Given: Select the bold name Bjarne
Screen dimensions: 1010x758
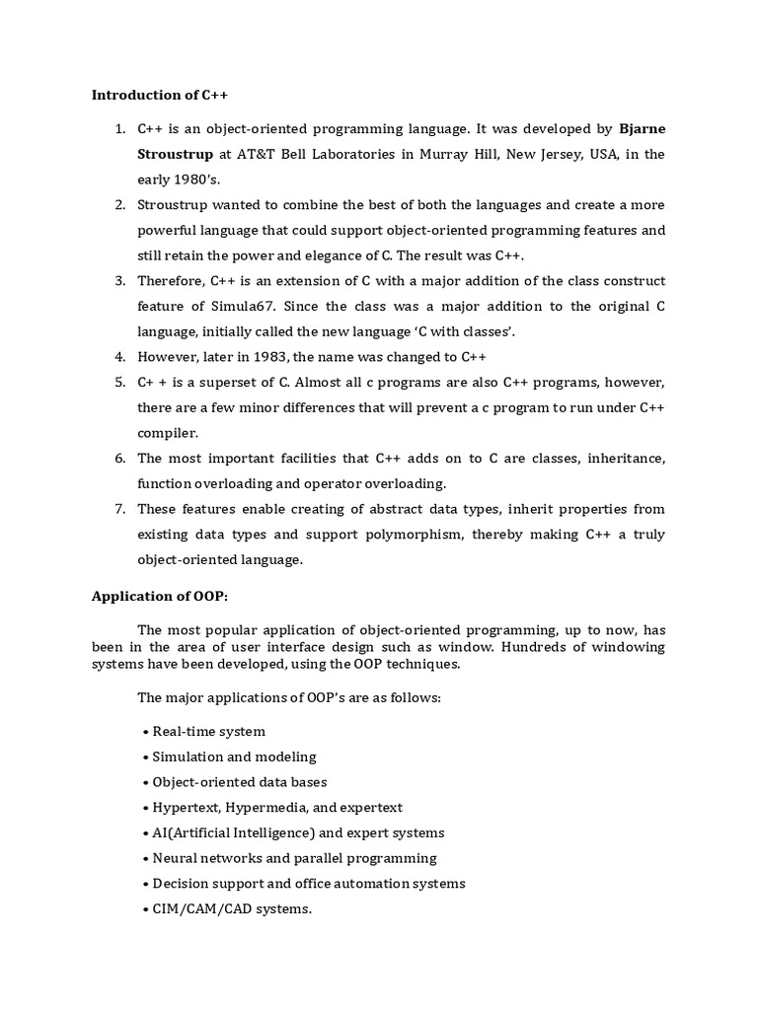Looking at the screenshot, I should point(642,129).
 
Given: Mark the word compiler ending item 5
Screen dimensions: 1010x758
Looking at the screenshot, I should point(167,432).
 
